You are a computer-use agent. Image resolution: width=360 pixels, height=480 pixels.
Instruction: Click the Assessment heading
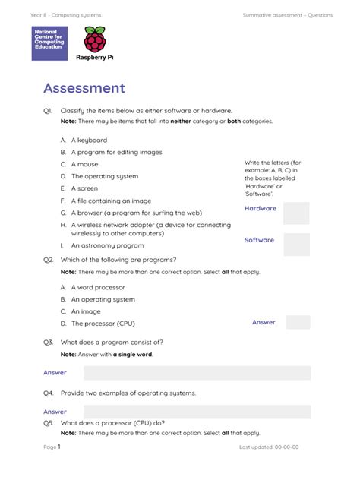pos(84,88)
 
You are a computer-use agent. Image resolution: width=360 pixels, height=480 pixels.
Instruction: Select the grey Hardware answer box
pos(296,213)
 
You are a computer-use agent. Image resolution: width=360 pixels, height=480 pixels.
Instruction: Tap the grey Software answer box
pos(296,244)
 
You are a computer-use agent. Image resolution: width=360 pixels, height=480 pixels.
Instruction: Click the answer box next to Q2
pos(298,322)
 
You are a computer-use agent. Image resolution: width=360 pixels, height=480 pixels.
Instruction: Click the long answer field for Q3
pos(197,373)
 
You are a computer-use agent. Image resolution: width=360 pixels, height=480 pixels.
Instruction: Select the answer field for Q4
pos(197,412)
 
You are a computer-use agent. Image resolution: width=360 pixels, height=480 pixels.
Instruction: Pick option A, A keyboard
pos(89,141)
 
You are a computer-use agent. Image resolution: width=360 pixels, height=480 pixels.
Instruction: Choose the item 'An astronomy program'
pos(107,246)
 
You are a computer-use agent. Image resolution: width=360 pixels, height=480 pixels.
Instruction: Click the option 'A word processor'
pos(98,288)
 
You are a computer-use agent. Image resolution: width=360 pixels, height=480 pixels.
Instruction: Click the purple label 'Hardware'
pos(261,208)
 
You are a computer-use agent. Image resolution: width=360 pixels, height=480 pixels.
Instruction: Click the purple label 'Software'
pos(259,240)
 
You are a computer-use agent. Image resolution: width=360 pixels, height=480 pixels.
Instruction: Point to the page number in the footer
pos(58,447)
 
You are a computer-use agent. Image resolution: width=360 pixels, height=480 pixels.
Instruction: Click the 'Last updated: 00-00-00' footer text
pos(269,447)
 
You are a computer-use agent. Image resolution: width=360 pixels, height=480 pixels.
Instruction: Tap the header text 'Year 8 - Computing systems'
pos(66,15)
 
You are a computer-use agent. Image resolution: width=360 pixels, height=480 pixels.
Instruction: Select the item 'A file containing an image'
pos(111,201)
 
